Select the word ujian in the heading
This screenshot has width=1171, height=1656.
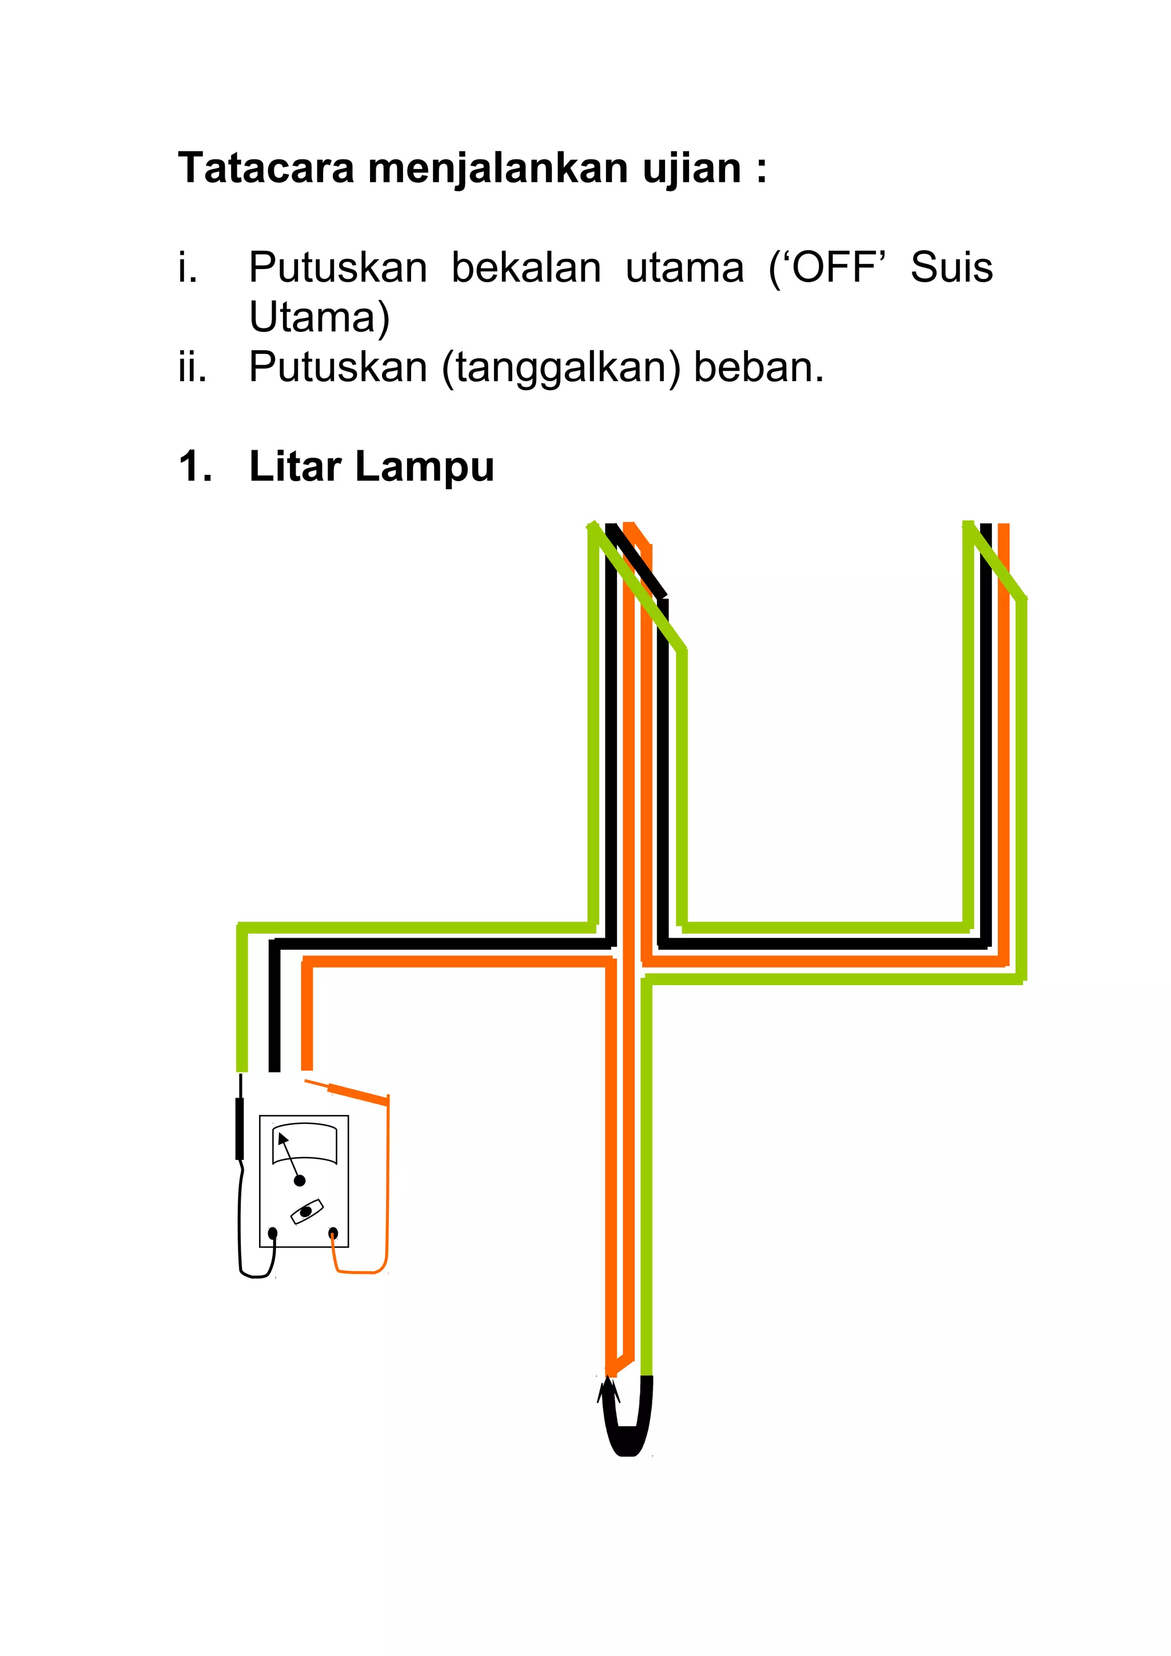point(691,170)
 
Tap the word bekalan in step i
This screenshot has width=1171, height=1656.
point(526,269)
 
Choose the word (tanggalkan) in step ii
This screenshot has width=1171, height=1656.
point(561,368)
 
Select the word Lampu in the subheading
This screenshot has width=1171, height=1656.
point(424,467)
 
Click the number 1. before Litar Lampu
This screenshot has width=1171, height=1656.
point(195,467)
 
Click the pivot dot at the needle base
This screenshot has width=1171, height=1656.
point(300,1181)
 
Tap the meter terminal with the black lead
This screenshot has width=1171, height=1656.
point(273,1233)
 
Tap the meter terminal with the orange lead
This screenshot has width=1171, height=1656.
point(333,1233)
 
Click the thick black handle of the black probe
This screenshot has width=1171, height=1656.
point(240,1129)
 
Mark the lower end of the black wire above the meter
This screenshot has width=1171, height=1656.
point(274,1069)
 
